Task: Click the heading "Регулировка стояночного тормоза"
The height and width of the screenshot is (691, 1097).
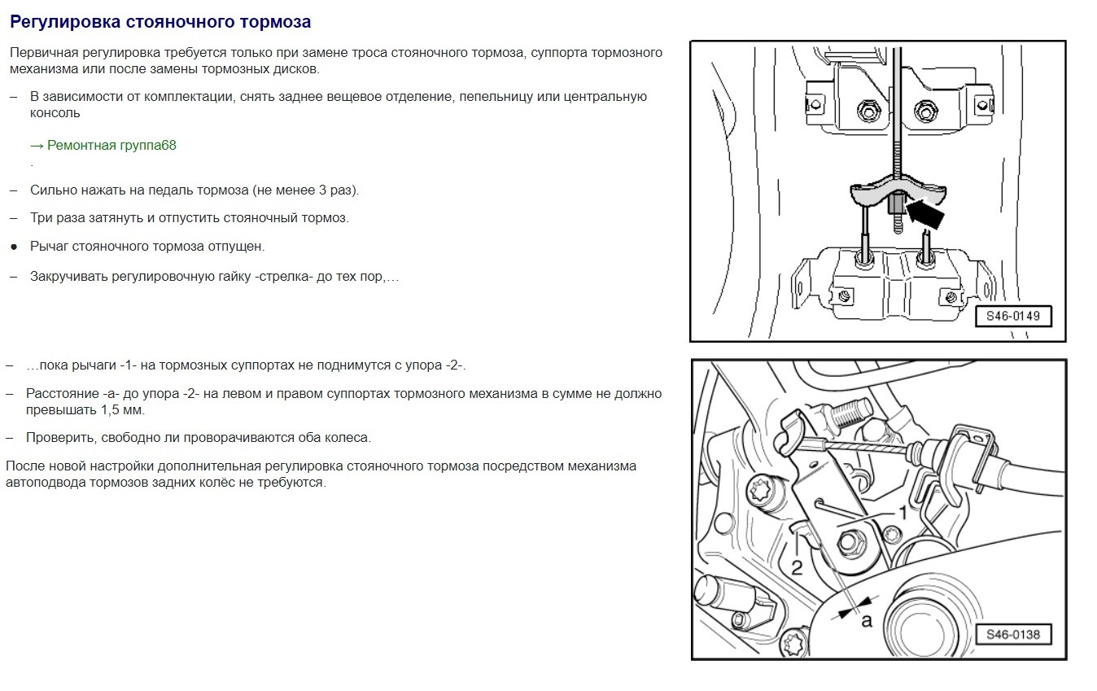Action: click(160, 22)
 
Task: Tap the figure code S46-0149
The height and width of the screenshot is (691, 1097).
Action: click(1012, 316)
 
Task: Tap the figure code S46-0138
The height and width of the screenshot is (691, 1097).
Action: click(1012, 635)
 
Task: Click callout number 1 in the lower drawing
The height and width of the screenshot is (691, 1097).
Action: click(903, 513)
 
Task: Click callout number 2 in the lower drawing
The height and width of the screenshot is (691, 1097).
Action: click(797, 568)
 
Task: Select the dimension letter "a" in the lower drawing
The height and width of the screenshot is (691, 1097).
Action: click(867, 622)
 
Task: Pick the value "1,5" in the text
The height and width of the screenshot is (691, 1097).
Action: click(111, 410)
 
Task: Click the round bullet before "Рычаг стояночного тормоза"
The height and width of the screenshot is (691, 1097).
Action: click(14, 247)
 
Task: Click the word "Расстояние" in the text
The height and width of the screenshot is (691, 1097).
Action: click(62, 394)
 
